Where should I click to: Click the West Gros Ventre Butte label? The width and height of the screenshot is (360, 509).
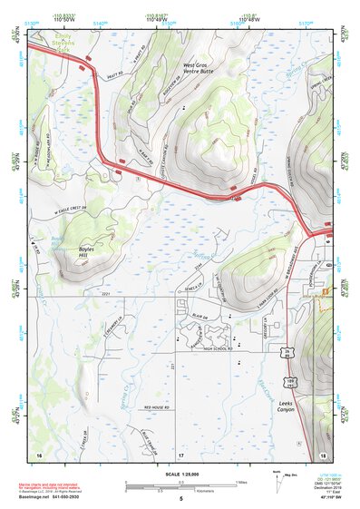pyautogui.click(x=201, y=70)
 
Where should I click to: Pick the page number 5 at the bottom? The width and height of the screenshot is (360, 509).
pyautogui.click(x=180, y=499)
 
